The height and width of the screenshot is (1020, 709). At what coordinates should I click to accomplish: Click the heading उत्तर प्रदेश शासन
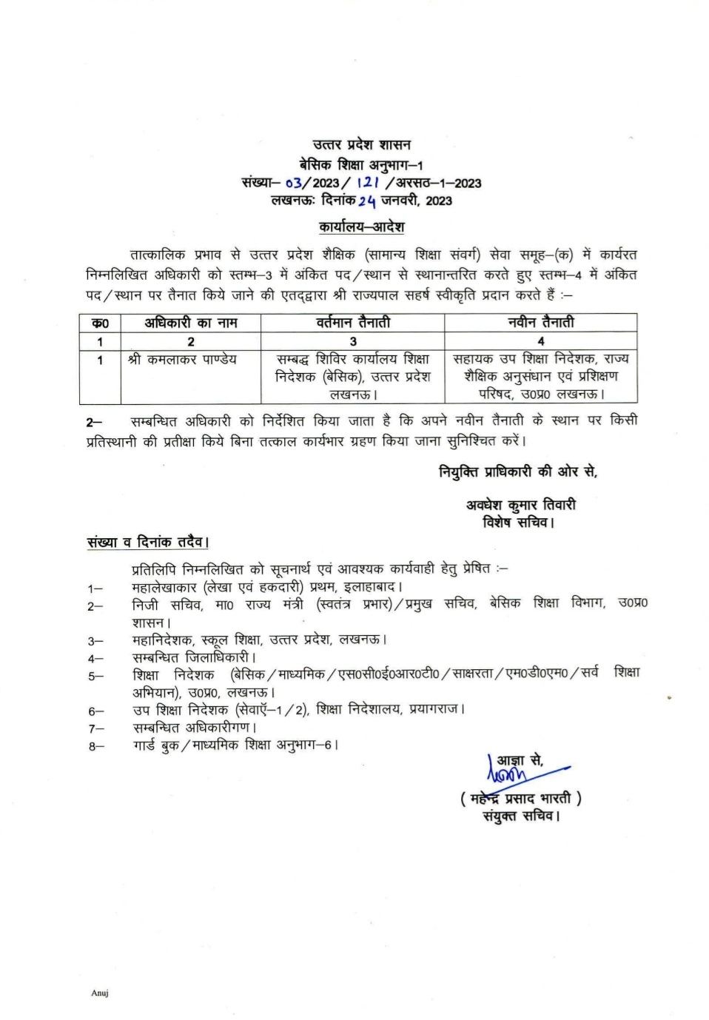pyautogui.click(x=361, y=145)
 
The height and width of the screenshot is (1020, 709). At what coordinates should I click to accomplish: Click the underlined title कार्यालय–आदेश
pyautogui.click(x=361, y=227)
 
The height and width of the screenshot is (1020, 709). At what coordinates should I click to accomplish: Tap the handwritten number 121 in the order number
pyautogui.click(x=367, y=183)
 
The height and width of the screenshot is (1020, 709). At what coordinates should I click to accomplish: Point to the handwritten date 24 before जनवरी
pyautogui.click(x=367, y=201)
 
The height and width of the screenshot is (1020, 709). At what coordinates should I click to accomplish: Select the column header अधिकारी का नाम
pyautogui.click(x=190, y=323)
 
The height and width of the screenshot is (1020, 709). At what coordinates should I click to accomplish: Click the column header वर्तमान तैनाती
pyautogui.click(x=352, y=323)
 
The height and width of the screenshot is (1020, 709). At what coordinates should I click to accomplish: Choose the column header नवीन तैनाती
pyautogui.click(x=540, y=323)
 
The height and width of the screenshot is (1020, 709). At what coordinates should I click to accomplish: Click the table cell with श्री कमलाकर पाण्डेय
pyautogui.click(x=182, y=360)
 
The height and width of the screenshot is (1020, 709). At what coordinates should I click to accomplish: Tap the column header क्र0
pyautogui.click(x=100, y=323)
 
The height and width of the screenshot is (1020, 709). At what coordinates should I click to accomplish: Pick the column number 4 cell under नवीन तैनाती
pyautogui.click(x=540, y=341)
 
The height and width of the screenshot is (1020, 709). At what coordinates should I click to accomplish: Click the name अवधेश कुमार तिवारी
pyautogui.click(x=520, y=505)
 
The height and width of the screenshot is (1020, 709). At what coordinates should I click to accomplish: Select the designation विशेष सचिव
pyautogui.click(x=517, y=523)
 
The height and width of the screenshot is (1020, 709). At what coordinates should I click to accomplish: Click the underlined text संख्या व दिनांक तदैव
pyautogui.click(x=147, y=542)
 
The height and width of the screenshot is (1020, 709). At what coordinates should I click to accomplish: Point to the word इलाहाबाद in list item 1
pyautogui.click(x=369, y=588)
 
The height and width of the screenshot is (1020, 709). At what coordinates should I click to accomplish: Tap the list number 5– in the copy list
pyautogui.click(x=95, y=676)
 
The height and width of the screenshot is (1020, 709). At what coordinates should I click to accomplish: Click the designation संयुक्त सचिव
pyautogui.click(x=520, y=816)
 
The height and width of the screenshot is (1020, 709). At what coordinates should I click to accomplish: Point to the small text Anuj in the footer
pyautogui.click(x=100, y=993)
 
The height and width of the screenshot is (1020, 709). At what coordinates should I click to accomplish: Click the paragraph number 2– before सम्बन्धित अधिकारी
pyautogui.click(x=94, y=422)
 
